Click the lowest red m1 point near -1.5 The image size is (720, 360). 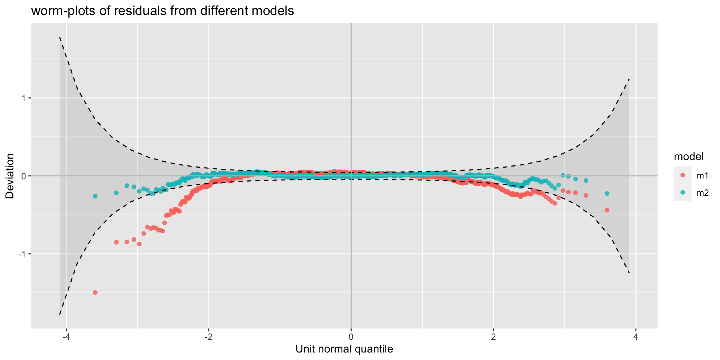pyautogui.click(x=95, y=292)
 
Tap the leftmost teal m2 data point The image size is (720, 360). pyautogui.click(x=95, y=196)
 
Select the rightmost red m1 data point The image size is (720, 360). pyautogui.click(x=607, y=210)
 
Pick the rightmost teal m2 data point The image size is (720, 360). pyautogui.click(x=607, y=193)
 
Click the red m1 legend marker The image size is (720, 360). pyautogui.click(x=682, y=175)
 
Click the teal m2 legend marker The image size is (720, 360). pyautogui.click(x=682, y=192)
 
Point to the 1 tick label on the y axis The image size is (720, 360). pyautogui.click(x=24, y=98)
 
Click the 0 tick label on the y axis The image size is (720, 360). pyautogui.click(x=24, y=176)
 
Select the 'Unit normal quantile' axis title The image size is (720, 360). pyautogui.click(x=344, y=349)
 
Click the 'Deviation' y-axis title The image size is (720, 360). pyautogui.click(x=10, y=176)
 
